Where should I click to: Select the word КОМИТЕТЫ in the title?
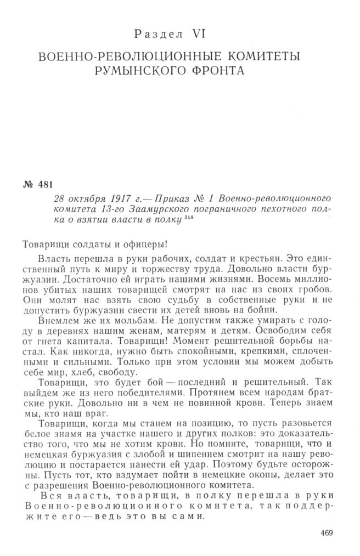(x=257, y=56)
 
